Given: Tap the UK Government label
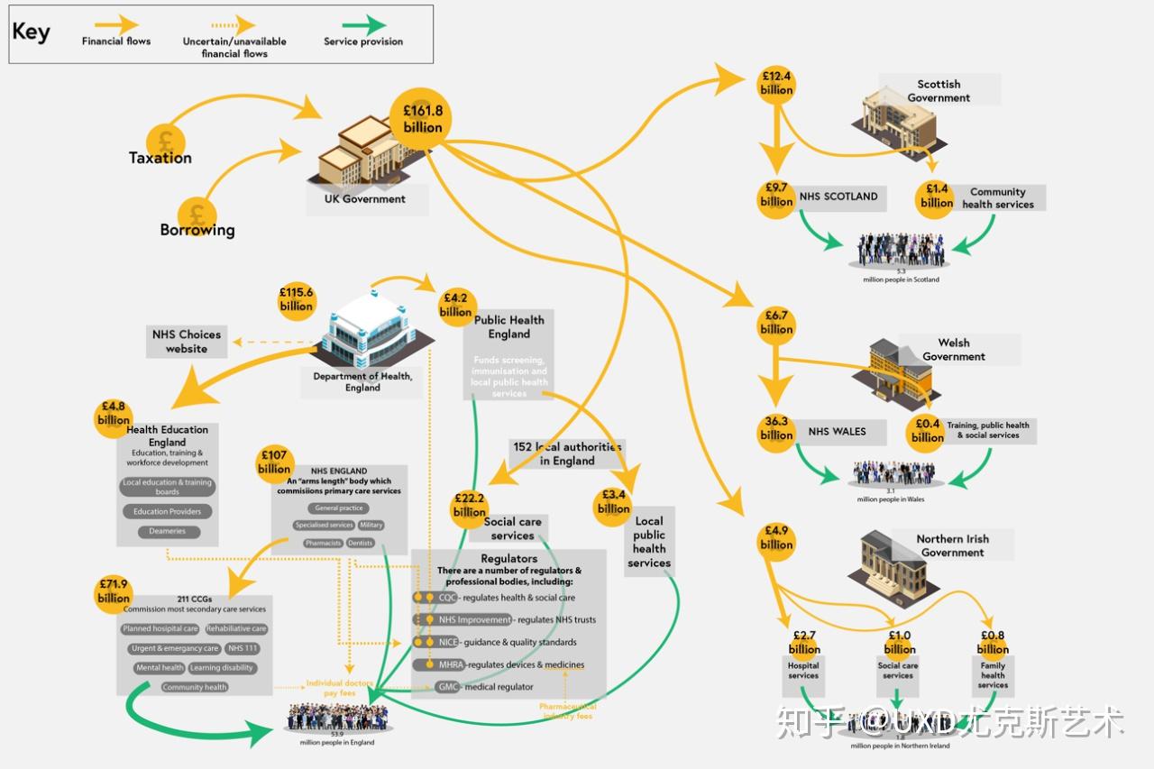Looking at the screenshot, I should [365, 199].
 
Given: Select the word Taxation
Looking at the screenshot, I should [160, 158].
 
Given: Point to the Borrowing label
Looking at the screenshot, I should [197, 230].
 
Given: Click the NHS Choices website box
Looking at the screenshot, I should [186, 342].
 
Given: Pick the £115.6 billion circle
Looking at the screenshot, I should [297, 299].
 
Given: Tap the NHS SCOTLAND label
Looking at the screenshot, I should [838, 197].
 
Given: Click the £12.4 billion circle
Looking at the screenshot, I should [776, 83].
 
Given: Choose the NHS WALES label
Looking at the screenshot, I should [837, 432].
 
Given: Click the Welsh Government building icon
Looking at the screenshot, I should [902, 371].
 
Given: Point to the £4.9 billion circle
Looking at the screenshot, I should [776, 537].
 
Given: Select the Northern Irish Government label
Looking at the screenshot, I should [952, 545].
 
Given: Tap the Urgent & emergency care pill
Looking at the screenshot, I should [174, 648].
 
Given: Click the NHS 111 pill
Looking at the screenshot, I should [243, 648].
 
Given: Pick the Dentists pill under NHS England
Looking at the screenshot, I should [360, 543].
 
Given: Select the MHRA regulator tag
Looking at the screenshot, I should [451, 664].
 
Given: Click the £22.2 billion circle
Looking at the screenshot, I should [470, 506].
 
